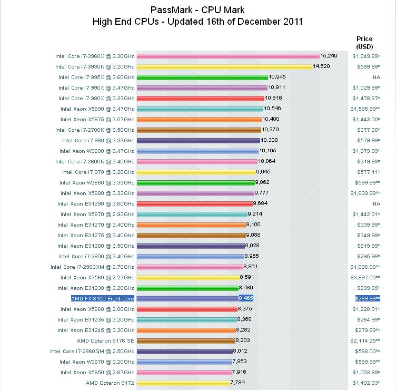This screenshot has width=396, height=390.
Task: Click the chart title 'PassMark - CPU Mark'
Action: tap(197, 10)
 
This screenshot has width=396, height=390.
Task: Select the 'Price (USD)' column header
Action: tap(364, 43)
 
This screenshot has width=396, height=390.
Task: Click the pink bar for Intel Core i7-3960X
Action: tap(227, 56)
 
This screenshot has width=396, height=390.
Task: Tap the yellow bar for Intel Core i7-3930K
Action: tap(224, 66)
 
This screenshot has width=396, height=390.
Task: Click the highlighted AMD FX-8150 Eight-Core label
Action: tap(102, 298)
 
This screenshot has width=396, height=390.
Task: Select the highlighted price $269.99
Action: tap(367, 298)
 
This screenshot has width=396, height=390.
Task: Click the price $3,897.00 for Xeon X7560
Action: tap(367, 277)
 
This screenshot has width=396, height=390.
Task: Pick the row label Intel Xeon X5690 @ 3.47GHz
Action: tap(97, 109)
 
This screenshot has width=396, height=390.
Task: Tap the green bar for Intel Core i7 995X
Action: tap(202, 77)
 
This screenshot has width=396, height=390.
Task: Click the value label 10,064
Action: tap(267, 161)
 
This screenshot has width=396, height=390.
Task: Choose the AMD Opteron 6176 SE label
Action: tap(105, 340)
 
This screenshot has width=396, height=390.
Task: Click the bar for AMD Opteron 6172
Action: tap(183, 383)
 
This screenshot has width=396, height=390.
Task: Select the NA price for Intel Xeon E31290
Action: tap(376, 203)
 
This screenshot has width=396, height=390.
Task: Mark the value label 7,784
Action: tap(239, 383)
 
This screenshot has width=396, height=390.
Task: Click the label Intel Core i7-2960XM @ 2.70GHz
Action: tap(92, 267)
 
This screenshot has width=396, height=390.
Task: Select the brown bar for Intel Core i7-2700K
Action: tap(199, 130)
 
